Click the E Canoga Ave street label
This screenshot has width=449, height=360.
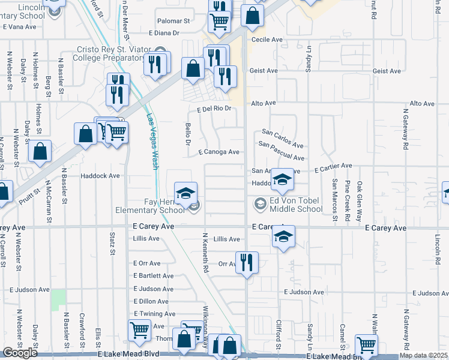click(x=220, y=152)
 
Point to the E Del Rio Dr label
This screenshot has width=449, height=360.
click(x=214, y=109)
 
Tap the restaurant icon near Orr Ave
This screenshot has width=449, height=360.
click(x=247, y=262)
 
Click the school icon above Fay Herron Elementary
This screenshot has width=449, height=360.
click(x=186, y=193)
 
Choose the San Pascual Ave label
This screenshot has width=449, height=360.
click(x=282, y=151)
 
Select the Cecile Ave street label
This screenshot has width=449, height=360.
click(x=267, y=40)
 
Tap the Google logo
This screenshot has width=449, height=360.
click(x=20, y=353)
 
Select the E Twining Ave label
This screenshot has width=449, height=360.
click(x=155, y=314)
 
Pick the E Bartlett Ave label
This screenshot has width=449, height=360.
click(x=154, y=276)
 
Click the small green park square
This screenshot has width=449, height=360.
click(x=58, y=300)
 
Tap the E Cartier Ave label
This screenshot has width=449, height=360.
click(x=331, y=166)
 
